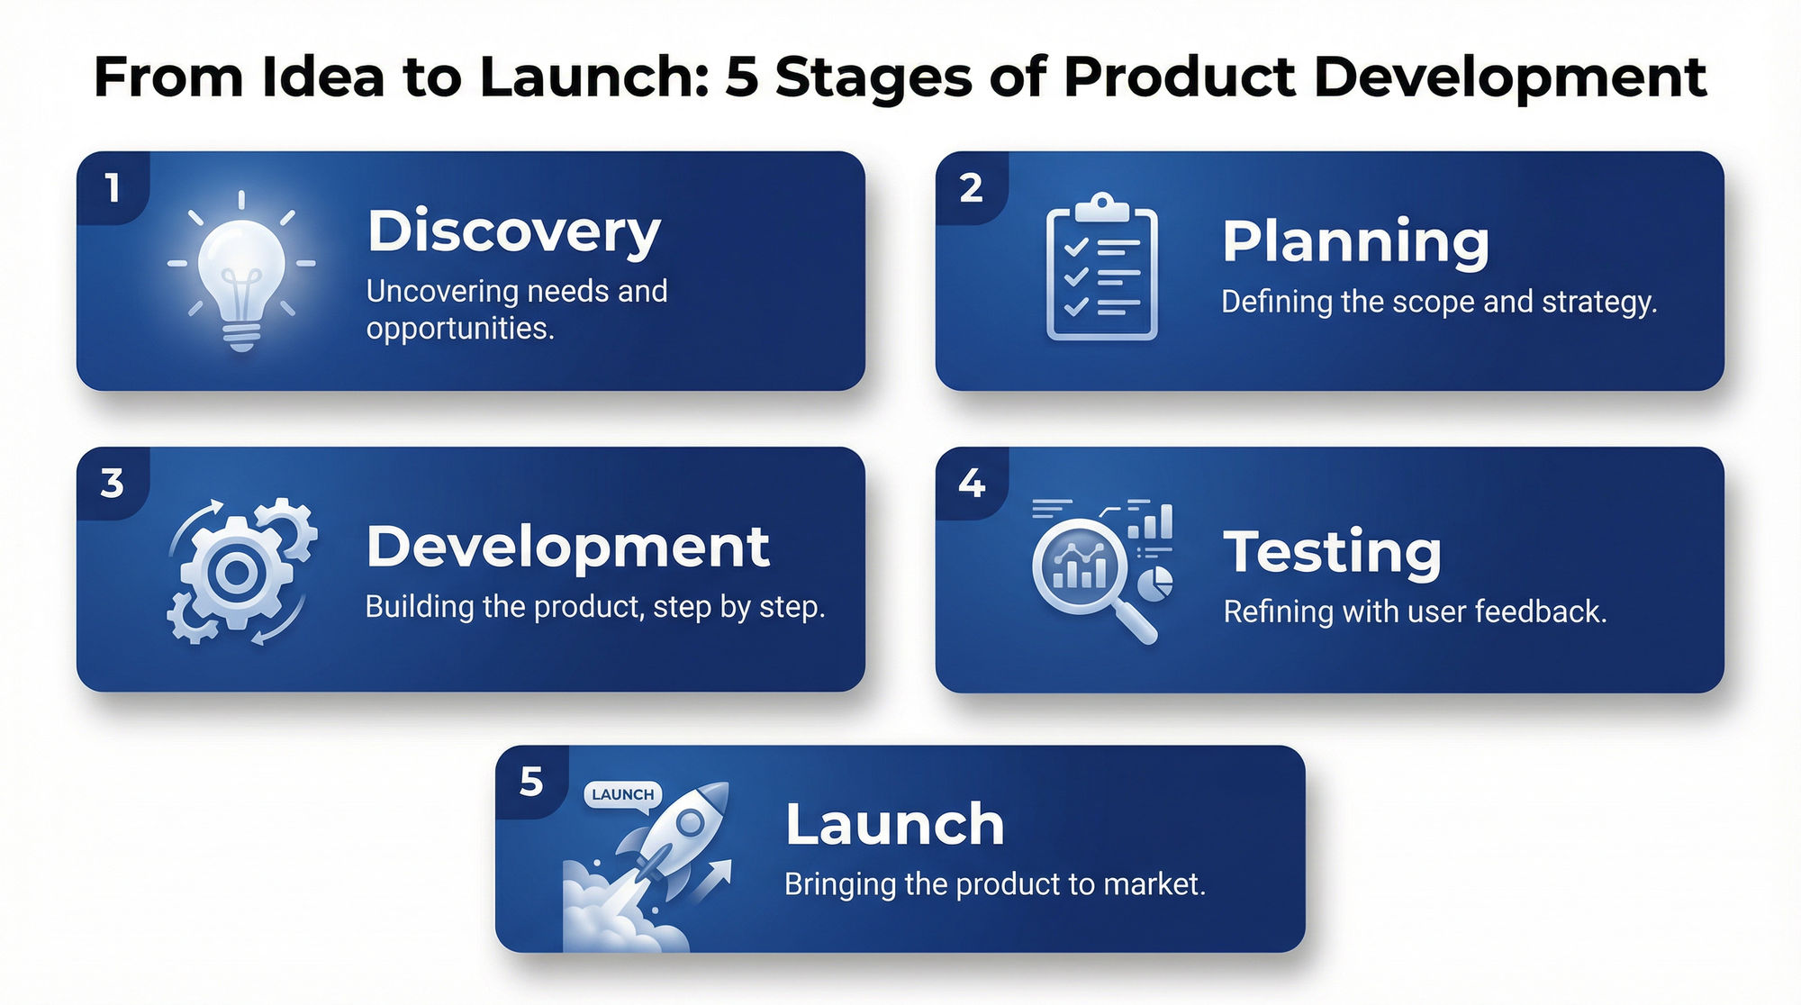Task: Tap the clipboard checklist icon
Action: point(1101,267)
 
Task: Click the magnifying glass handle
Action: point(1136,622)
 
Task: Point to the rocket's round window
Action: point(691,821)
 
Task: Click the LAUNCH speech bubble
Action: point(623,796)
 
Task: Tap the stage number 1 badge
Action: point(113,188)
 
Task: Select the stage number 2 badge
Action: point(971,188)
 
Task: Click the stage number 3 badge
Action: point(113,484)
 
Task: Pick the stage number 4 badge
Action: point(972,484)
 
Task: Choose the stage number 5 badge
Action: point(531,782)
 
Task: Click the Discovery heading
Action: point(514,232)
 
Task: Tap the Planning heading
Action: point(1355,243)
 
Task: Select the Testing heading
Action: point(1332,553)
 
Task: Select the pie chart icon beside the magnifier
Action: point(1155,584)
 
